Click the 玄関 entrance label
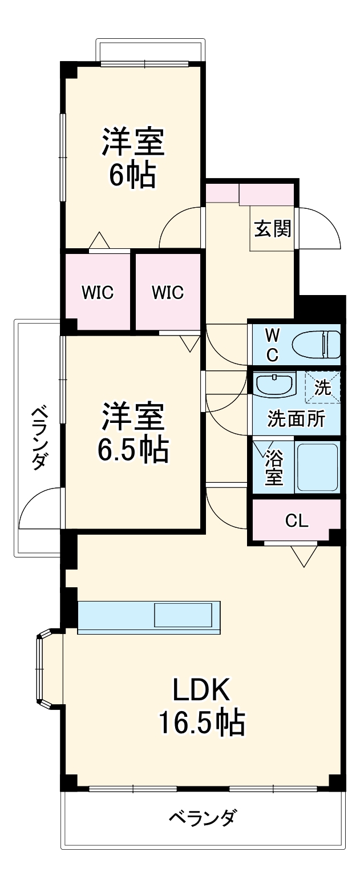tap(273, 228)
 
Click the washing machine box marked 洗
tap(322, 388)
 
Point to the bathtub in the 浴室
tap(317, 467)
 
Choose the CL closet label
tap(297, 520)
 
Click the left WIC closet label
tap(98, 293)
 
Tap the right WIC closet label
tap(168, 293)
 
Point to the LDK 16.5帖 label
tap(201, 705)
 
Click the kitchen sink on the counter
tap(186, 615)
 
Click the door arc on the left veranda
tap(39, 508)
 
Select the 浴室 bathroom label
tap(274, 467)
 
